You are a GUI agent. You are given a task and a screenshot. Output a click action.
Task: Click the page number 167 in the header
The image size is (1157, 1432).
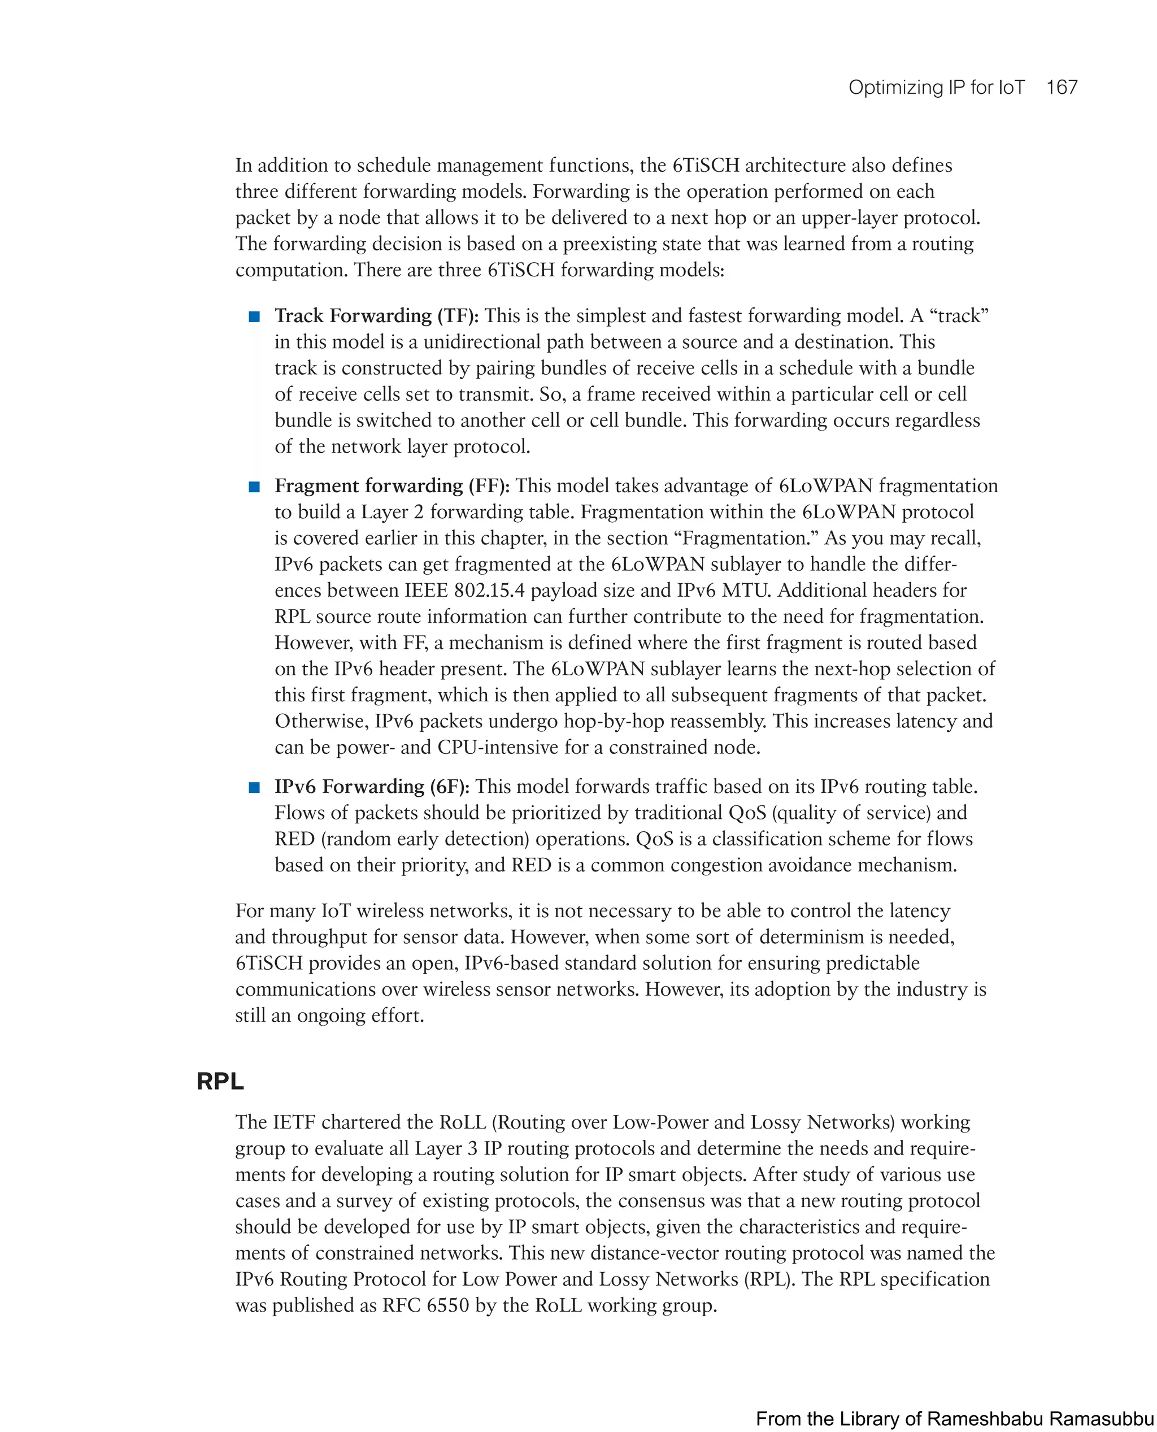[x=1061, y=88]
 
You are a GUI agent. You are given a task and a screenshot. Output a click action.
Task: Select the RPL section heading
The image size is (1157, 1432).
[x=220, y=1080]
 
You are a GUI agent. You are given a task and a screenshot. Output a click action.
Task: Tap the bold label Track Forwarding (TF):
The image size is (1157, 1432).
[x=377, y=315]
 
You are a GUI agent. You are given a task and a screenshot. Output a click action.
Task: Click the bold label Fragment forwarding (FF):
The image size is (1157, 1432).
[x=392, y=485]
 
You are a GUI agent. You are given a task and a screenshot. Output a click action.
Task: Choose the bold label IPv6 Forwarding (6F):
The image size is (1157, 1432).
[x=372, y=786]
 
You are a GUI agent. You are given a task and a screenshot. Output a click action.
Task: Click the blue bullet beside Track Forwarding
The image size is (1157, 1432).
[x=254, y=316]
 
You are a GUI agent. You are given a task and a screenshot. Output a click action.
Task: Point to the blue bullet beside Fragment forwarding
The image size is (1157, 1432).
[x=254, y=487]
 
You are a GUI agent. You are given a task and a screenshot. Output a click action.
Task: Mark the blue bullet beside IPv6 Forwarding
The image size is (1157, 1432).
[x=254, y=787]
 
